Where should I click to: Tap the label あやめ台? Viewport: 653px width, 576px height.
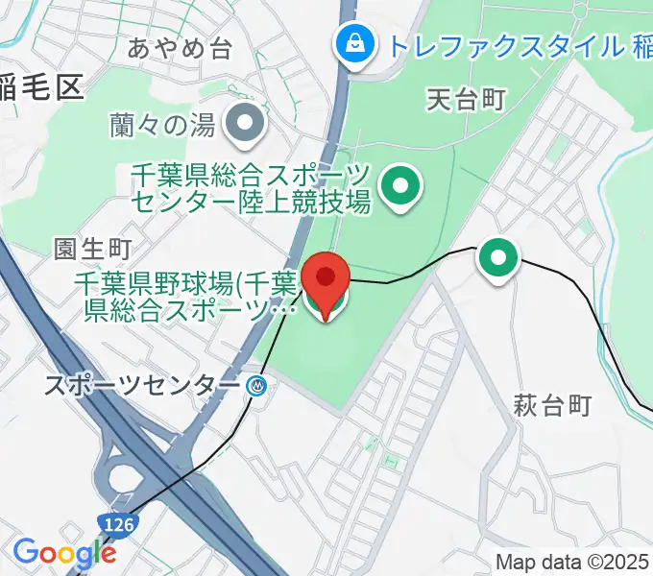180,49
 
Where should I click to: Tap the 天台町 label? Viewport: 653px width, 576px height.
466,98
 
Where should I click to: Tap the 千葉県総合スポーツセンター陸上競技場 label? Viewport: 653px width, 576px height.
251,188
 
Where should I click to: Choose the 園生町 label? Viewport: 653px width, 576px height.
92,249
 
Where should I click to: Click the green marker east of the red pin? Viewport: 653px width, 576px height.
498,257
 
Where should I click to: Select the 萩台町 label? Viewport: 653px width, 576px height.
551,405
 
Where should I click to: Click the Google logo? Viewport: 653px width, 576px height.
63,553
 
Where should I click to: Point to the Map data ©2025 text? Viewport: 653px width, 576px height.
572,562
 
